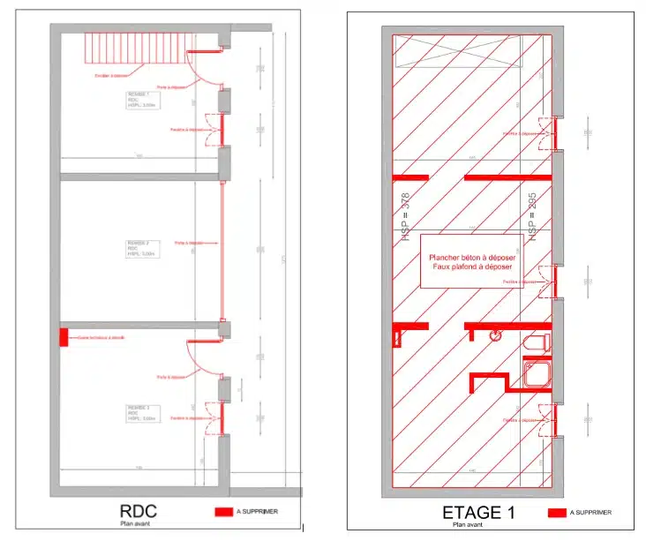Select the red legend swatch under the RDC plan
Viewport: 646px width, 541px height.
(x=222, y=511)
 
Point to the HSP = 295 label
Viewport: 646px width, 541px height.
(x=533, y=217)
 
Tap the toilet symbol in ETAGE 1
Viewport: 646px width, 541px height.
(x=536, y=342)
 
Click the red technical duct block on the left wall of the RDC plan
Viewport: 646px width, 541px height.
(x=64, y=337)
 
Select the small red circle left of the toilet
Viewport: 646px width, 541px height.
(x=496, y=335)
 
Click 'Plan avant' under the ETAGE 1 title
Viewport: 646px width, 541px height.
(x=468, y=525)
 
